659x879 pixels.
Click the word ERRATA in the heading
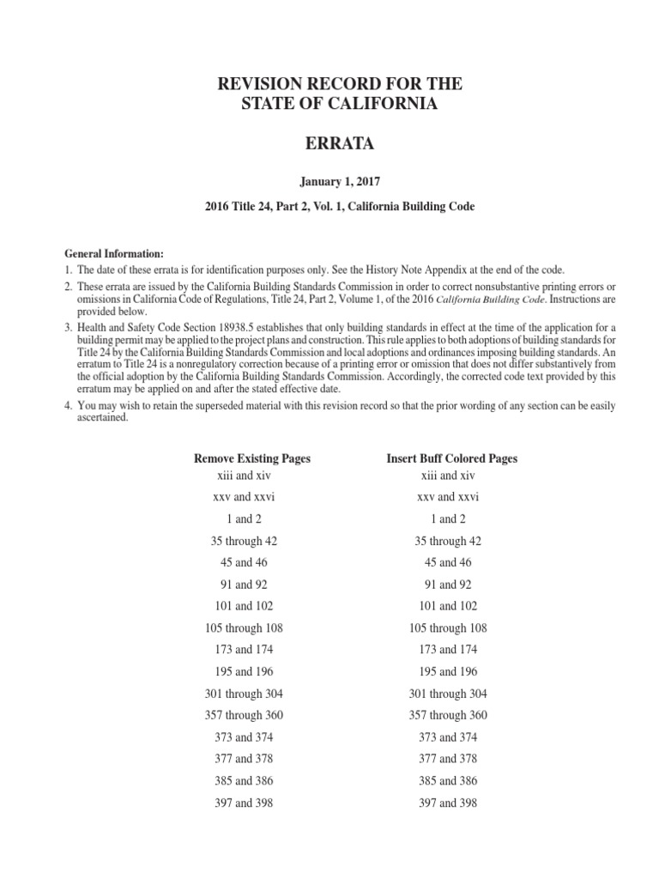[329, 145]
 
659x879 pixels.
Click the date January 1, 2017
[329, 183]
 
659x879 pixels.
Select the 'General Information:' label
[114, 253]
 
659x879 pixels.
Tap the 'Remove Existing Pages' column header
[252, 458]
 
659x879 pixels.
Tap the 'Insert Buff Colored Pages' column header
[452, 458]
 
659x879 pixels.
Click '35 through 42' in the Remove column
[244, 541]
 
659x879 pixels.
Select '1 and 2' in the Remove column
[244, 518]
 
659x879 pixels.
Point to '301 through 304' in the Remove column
[244, 694]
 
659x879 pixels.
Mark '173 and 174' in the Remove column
[244, 650]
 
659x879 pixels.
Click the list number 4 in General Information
[68, 405]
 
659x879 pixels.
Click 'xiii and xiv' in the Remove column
[244, 475]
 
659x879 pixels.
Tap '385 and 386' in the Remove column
[244, 781]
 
